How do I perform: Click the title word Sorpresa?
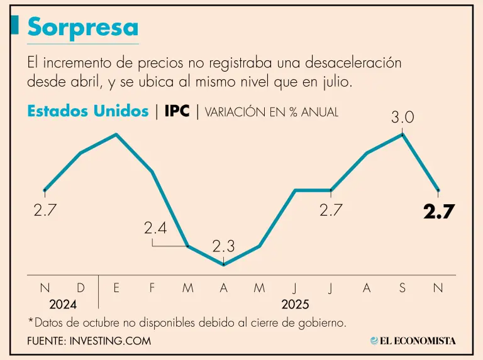coord(82,27)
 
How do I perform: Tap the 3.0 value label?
coord(402,116)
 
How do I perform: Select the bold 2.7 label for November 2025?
coord(438,212)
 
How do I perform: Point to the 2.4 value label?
coord(155,229)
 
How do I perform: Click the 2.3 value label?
coord(223,247)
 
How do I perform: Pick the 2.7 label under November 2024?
coord(45,211)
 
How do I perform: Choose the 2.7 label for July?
coord(331,210)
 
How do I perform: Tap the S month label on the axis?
coord(402,288)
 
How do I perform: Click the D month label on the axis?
coord(80,288)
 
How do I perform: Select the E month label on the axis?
coord(116,288)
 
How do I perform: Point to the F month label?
coord(152,288)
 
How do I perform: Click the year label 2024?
coord(63,305)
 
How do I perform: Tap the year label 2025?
coord(295,305)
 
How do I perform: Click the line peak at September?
coord(402,134)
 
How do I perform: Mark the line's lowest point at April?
coord(224,265)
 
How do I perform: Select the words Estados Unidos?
coord(87,111)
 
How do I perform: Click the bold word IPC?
coord(177,111)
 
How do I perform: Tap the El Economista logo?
coord(413,341)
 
